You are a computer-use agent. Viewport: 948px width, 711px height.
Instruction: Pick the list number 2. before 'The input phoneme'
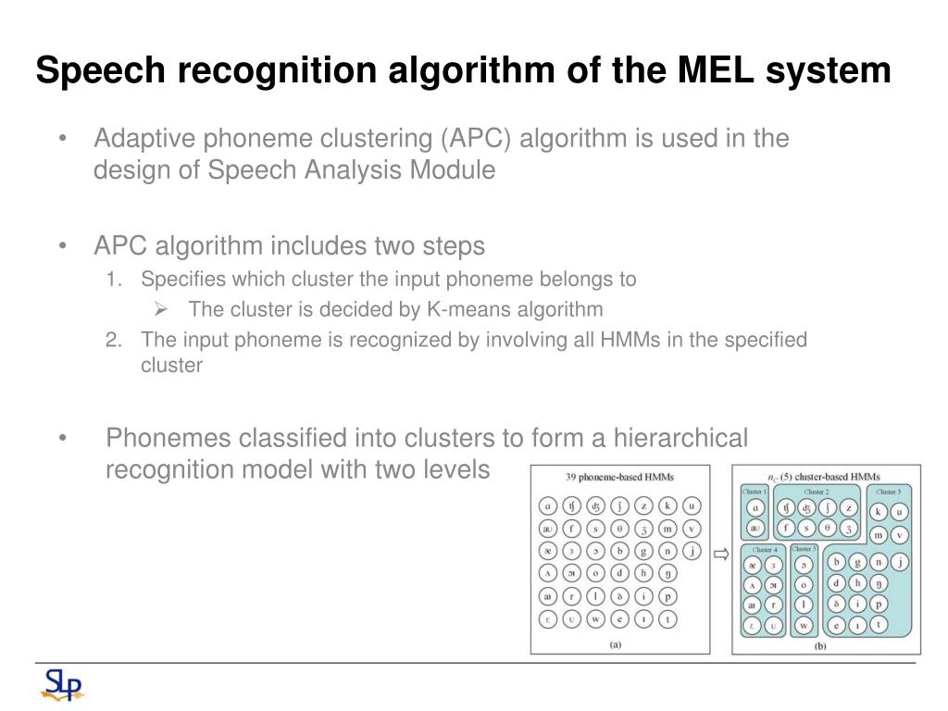coord(114,340)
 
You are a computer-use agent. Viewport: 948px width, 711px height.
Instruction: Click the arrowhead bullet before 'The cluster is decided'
coord(160,308)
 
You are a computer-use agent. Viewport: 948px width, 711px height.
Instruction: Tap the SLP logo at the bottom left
coord(62,686)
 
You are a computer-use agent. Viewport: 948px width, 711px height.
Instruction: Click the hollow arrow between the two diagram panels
coord(721,555)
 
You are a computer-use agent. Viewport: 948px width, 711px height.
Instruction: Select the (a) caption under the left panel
coord(615,645)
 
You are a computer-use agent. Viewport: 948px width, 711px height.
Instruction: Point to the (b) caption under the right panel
coord(820,645)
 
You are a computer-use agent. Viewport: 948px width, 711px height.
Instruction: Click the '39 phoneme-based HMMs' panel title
coord(620,478)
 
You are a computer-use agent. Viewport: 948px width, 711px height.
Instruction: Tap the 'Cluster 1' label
coord(755,492)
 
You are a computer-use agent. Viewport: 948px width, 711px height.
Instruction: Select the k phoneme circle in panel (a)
coord(667,505)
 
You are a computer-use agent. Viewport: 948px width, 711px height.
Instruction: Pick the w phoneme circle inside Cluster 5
coord(805,626)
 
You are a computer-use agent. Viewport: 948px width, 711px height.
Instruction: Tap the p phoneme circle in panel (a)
coord(667,597)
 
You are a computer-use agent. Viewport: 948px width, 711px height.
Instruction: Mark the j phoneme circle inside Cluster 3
coord(898,560)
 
